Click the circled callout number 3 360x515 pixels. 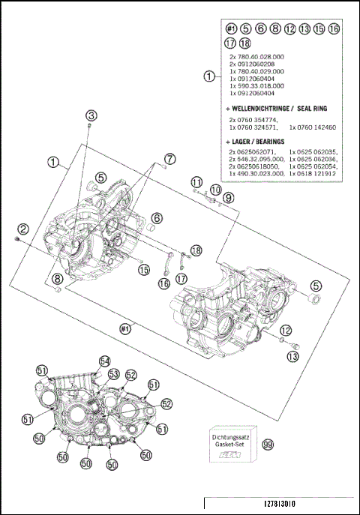(91, 115)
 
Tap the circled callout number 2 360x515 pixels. (23, 229)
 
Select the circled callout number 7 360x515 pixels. (170, 158)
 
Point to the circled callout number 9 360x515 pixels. (229, 196)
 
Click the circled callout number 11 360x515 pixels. (196, 182)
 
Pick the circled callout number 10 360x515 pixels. (214, 190)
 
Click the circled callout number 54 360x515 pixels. (105, 361)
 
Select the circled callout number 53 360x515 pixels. (114, 373)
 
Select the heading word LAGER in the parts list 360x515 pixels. (242, 141)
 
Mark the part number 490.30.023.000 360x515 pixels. (259, 173)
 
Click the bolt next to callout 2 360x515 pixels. (17, 239)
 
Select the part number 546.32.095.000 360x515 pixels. (259, 159)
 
